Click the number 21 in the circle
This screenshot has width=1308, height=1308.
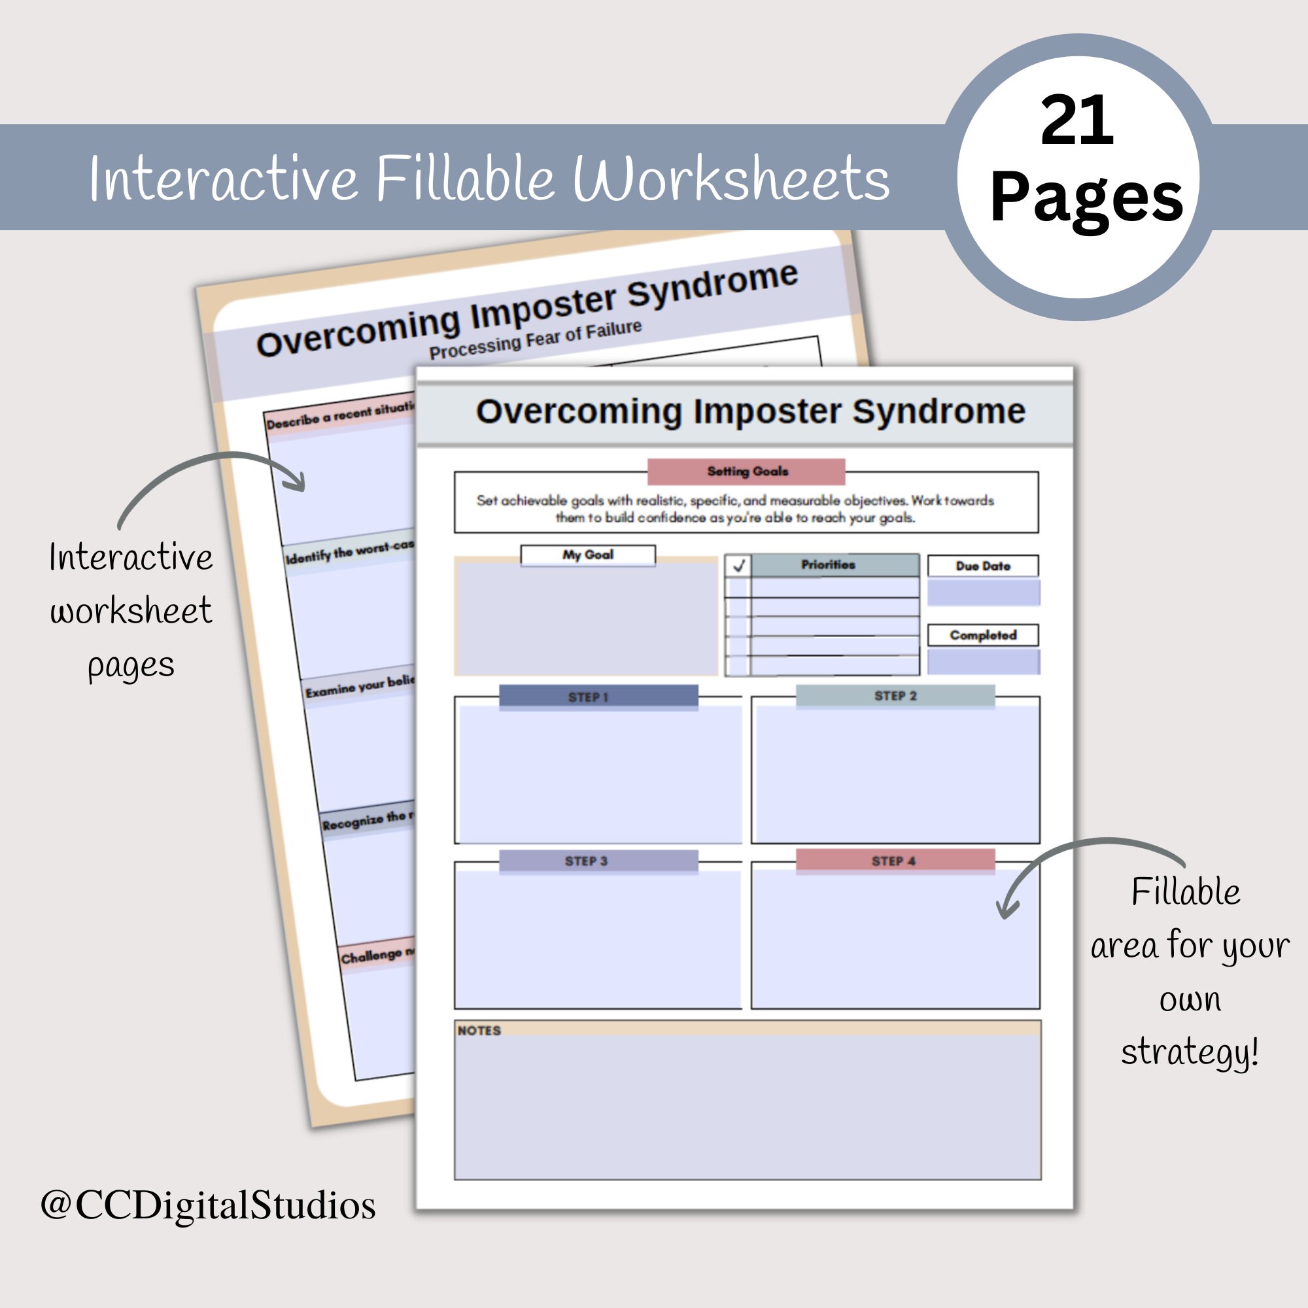click(x=1076, y=122)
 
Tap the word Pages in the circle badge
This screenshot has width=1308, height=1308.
click(x=1086, y=198)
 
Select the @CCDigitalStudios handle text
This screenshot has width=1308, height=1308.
click(x=208, y=1206)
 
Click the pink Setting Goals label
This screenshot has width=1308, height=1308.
click(x=746, y=471)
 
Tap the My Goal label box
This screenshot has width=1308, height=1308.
click(x=588, y=555)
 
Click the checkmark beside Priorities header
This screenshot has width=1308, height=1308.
click(x=738, y=565)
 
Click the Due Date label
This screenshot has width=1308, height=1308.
click(x=982, y=566)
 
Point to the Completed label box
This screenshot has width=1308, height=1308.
click(x=982, y=635)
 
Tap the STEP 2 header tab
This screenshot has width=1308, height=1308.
click(x=895, y=696)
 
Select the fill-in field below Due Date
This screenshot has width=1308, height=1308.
click(x=983, y=593)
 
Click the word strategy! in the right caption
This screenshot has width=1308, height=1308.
click(x=1190, y=1053)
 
